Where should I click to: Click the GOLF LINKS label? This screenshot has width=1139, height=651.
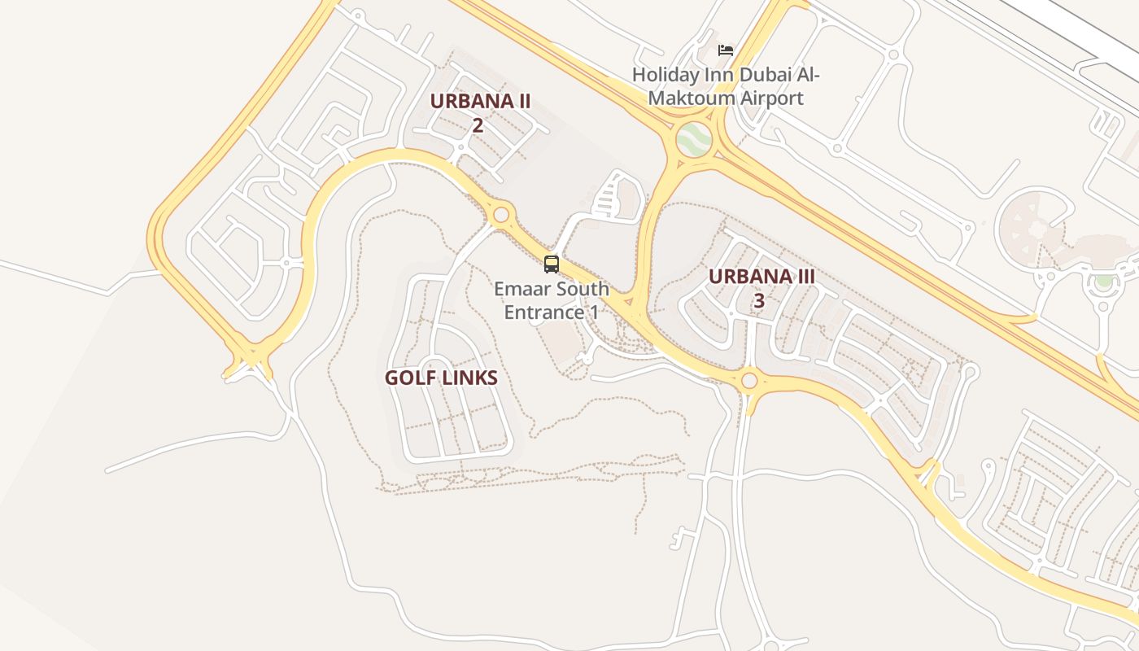point(441,378)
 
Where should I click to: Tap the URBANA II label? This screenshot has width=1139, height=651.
point(480,102)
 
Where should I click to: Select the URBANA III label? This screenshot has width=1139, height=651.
point(761,276)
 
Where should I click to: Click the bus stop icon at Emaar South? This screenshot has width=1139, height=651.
point(552,264)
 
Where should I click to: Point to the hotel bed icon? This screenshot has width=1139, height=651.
point(726,50)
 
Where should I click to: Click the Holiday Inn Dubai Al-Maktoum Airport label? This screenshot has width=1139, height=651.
point(726,86)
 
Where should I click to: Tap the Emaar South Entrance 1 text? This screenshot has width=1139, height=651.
point(552,300)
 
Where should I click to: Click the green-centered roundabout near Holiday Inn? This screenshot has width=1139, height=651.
point(694,140)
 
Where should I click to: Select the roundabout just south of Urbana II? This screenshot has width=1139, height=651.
point(501,215)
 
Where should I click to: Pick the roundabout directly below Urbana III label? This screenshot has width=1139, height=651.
point(749,380)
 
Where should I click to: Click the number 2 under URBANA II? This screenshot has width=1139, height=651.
point(478,125)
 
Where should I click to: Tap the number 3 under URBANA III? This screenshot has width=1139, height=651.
point(759,301)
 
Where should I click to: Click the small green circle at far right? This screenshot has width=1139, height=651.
point(1103,281)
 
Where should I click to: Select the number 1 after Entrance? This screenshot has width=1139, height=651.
point(593,312)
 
